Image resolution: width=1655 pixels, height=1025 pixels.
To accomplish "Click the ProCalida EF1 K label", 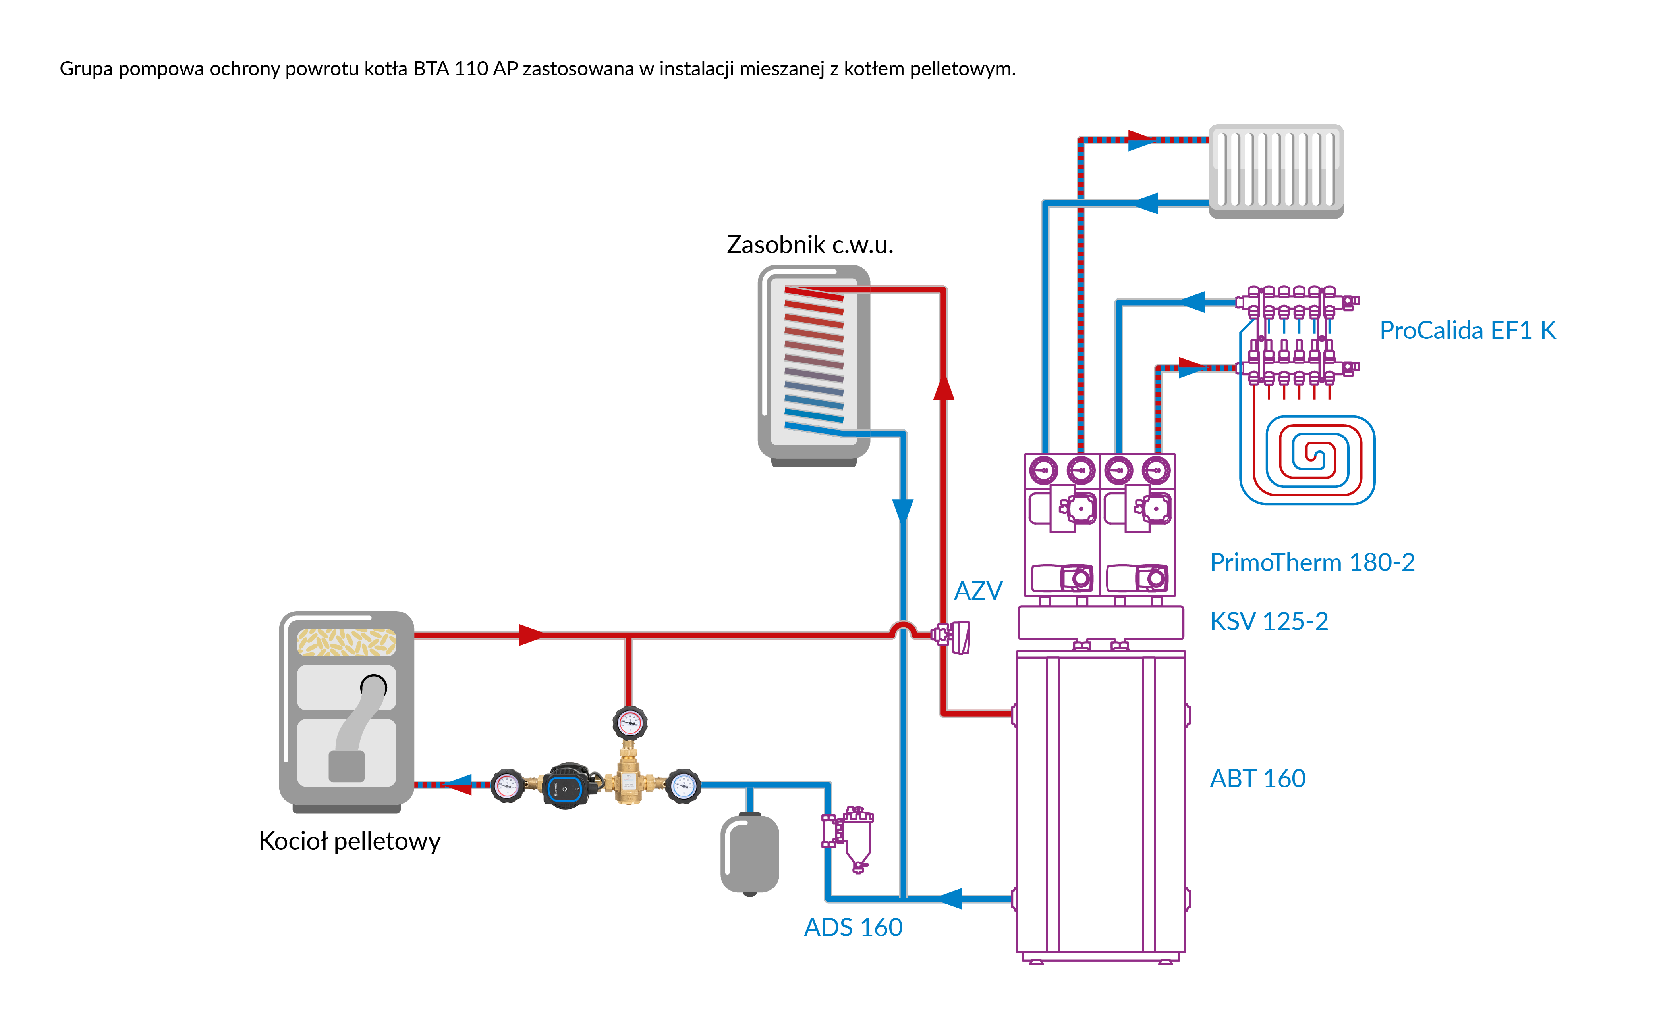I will (1467, 330).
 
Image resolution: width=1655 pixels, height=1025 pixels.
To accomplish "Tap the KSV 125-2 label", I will (1269, 621).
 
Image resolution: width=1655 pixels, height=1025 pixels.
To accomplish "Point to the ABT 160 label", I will (1257, 778).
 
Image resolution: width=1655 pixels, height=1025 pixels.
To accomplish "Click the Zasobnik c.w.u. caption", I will (810, 244).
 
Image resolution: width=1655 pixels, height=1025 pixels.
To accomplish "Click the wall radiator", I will (1275, 170).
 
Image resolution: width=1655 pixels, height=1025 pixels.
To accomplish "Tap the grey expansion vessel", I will (749, 854).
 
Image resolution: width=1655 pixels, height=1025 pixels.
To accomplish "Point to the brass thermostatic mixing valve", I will (629, 776).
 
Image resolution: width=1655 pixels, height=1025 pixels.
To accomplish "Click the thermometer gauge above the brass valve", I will (630, 723).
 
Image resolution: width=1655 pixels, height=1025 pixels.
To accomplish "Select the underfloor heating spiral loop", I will (1307, 460).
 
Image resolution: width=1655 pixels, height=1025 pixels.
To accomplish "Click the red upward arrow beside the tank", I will (944, 388).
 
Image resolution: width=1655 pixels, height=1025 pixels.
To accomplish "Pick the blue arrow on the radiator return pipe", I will (1146, 203).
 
